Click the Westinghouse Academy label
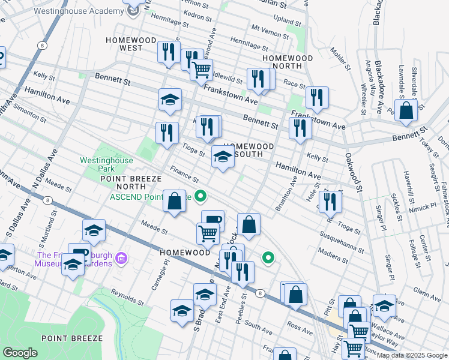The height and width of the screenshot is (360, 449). (x=71, y=11)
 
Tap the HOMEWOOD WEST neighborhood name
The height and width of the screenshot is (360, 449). (x=124, y=43)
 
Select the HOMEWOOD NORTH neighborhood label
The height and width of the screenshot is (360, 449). (x=288, y=62)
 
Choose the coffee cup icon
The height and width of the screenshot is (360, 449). (x=212, y=220)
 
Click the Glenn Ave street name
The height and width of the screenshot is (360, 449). (x=427, y=293)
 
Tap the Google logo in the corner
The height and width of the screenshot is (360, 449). (x=20, y=353)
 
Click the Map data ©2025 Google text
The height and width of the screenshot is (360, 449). (x=412, y=355)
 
